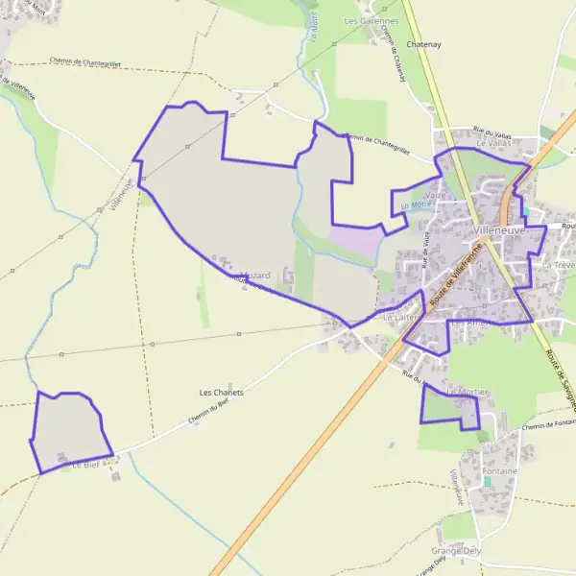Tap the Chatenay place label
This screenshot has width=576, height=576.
click(x=422, y=45)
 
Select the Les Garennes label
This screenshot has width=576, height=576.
click(x=371, y=20)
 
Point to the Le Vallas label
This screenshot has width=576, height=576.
click(x=494, y=143)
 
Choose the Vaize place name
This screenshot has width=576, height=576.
click(x=435, y=195)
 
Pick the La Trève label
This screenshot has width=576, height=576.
click(x=558, y=264)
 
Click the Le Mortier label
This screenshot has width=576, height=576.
click(x=468, y=393)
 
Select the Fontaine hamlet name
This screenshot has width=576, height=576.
click(x=500, y=471)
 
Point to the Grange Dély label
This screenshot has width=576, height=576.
click(x=456, y=551)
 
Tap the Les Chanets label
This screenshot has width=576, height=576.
click(x=222, y=393)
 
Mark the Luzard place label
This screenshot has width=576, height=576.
click(x=255, y=276)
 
